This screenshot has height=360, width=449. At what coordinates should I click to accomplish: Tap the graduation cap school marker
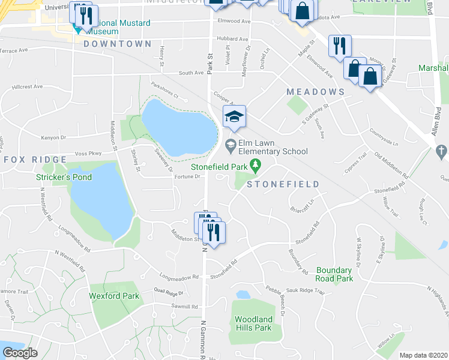tap(235, 116)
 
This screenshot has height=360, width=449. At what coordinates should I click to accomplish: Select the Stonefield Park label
tap(220, 166)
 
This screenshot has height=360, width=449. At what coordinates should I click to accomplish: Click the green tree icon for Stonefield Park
tap(256, 164)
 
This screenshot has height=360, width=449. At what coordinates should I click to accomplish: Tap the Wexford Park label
tap(114, 296)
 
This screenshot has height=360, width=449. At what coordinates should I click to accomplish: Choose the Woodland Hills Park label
tap(253, 323)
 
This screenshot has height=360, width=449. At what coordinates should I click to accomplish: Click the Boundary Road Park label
tap(334, 274)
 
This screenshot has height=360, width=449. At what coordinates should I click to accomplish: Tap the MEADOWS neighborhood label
tap(315, 92)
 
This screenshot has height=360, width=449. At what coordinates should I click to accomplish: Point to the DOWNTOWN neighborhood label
tap(118, 44)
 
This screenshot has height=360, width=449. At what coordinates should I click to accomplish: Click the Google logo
tap(20, 353)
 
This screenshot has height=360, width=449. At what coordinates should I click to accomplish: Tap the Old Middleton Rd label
tap(390, 167)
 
